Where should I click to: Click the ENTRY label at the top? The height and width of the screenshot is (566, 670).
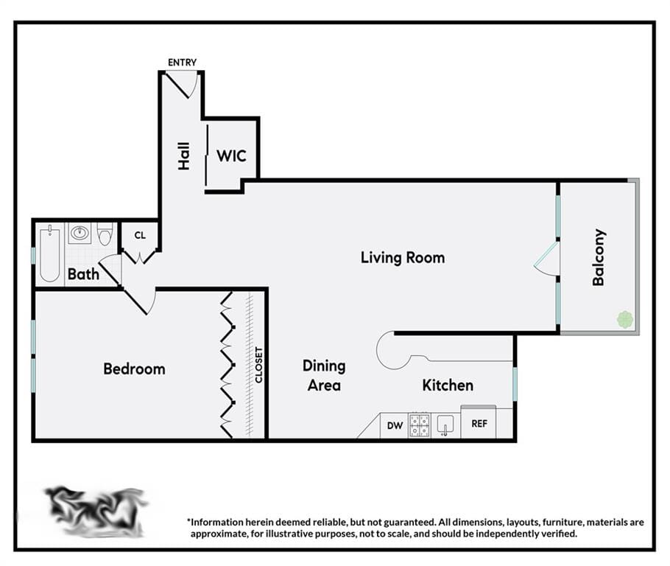coord(182,63)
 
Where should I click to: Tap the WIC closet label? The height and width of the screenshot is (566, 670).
coord(231,156)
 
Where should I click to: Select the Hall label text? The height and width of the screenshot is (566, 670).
coord(184,156)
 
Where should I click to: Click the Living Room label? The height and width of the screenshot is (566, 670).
coord(403,257)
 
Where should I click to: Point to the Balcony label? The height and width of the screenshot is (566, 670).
coord(599,257)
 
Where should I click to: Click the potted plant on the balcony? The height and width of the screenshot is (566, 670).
coord(625,320)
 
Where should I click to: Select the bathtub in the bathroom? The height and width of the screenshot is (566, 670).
coord(49,254)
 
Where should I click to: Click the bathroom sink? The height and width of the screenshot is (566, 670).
coord(80,234)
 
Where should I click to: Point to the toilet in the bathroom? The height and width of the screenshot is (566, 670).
coord(105,234)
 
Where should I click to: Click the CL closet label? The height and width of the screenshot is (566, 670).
coord(140,235)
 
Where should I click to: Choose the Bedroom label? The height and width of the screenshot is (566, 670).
coord(134,368)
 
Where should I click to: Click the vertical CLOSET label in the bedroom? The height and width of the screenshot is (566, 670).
coord(258,365)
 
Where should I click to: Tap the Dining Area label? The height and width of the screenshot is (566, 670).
coord(324,375)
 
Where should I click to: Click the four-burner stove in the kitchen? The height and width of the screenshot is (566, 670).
coord(420,425)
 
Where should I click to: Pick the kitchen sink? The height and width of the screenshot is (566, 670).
coord(445,425)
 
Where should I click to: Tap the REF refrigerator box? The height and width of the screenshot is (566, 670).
coord(479,424)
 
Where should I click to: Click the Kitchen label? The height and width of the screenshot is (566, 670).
coord(448,385)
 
